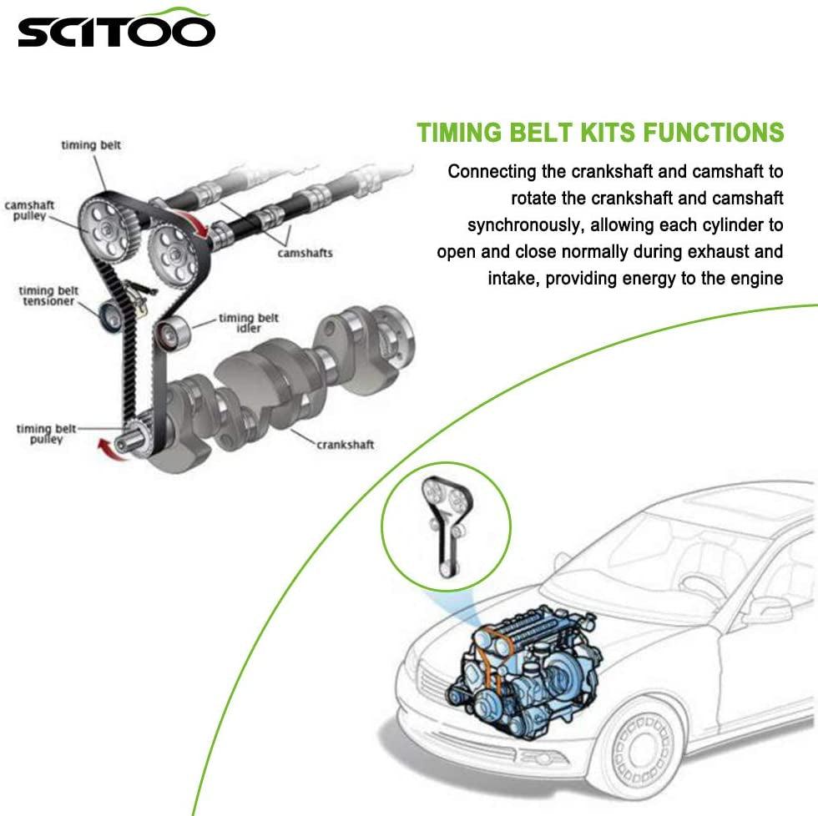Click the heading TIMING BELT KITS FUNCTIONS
coord(600,133)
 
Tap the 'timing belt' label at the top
coord(91,145)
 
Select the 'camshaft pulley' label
coord(25,209)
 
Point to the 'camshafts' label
coord(305,252)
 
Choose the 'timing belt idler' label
coord(249,322)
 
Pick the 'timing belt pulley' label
coord(46,434)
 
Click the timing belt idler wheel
coord(174,333)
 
